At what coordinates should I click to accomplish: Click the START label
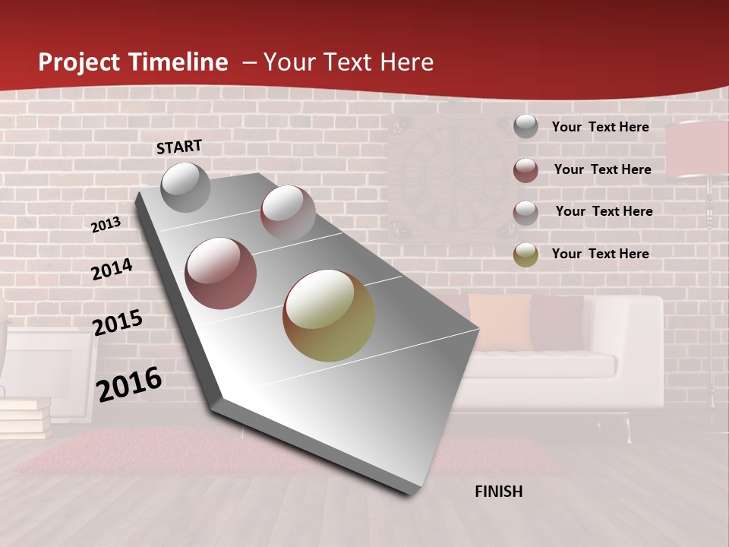tap(179, 147)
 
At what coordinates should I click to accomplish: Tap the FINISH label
tap(498, 492)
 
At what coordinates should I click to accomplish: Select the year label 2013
tap(106, 225)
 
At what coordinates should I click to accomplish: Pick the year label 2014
tap(112, 269)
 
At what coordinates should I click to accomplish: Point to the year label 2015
tap(117, 323)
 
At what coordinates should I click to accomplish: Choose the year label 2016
tap(128, 384)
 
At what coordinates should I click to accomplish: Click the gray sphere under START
tap(185, 187)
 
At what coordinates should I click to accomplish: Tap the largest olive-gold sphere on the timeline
tap(329, 315)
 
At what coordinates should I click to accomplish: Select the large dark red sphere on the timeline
tap(221, 273)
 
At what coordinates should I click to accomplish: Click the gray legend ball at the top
tap(525, 127)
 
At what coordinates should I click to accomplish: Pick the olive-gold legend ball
tap(525, 255)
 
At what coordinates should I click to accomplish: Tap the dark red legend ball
tap(525, 170)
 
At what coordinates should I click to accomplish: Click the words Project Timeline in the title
tap(133, 62)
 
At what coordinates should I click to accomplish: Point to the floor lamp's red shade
tap(697, 149)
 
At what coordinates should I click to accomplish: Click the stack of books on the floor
tap(24, 417)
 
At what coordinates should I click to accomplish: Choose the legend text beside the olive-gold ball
tap(600, 254)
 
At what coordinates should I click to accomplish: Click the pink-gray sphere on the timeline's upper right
tap(288, 212)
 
